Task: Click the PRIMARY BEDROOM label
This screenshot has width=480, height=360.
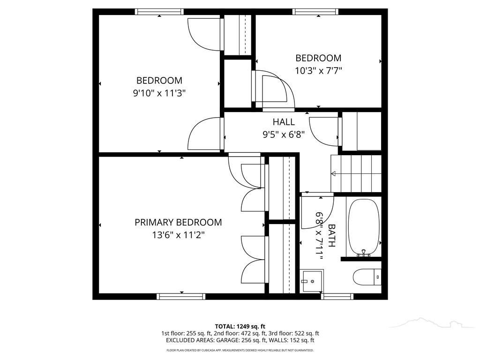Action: coord(178,222)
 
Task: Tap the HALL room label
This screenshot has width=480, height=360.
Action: coord(284,122)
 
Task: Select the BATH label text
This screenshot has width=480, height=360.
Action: coord(331,235)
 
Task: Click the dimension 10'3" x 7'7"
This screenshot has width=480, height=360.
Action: coord(318,71)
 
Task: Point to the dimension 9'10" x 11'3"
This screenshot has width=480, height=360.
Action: coord(159,93)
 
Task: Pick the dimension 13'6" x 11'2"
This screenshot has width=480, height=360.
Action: coord(179,235)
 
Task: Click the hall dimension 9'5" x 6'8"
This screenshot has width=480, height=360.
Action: coord(284,135)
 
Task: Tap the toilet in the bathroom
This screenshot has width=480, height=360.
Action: coord(367,277)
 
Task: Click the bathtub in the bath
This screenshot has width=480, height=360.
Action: coord(364,228)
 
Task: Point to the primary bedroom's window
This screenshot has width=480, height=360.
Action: coord(181,296)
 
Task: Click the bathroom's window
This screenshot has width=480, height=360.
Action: coord(337,296)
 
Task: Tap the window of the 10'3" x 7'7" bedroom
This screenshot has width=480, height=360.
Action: coord(315,12)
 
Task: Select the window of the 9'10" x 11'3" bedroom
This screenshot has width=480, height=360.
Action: coord(159,12)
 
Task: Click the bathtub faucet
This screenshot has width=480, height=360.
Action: coord(364,253)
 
